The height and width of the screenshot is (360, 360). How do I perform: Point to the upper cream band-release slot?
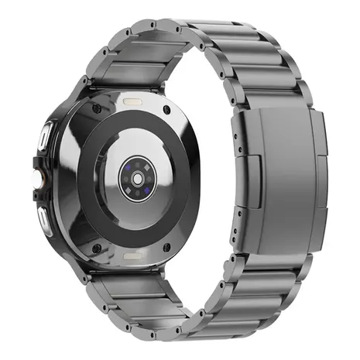point(132,101)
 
